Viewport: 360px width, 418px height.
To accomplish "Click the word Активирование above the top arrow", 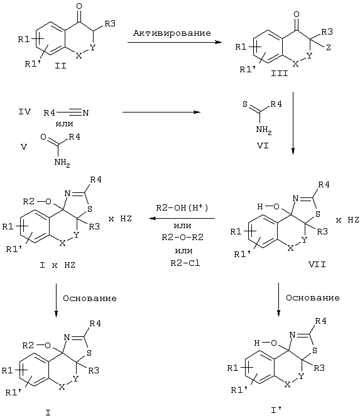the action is click(x=172, y=33).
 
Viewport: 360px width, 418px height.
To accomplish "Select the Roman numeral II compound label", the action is click(x=60, y=65).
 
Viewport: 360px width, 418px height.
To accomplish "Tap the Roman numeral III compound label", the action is click(x=280, y=74).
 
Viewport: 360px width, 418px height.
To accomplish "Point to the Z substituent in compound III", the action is click(x=329, y=47).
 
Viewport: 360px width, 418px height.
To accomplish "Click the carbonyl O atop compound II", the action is click(x=79, y=6).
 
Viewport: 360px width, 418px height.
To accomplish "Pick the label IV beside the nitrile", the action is click(x=25, y=111).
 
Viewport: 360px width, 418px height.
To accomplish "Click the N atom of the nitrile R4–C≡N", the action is click(x=85, y=113).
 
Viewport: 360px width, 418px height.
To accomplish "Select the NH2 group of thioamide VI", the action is click(x=264, y=130).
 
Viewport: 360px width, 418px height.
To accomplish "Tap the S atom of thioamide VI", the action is click(x=245, y=104).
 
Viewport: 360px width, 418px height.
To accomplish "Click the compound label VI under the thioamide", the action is click(x=263, y=146).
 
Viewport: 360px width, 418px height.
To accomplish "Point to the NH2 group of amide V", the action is click(x=62, y=162).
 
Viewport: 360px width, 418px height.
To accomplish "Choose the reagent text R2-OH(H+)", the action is click(x=182, y=207).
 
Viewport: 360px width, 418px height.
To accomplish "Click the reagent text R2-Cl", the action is click(x=185, y=263).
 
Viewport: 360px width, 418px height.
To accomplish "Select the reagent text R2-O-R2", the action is click(x=183, y=237).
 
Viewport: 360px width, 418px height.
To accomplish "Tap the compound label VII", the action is click(x=317, y=265).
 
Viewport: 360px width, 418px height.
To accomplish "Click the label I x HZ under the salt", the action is click(x=57, y=265).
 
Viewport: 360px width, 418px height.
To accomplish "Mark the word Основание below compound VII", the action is click(x=313, y=297).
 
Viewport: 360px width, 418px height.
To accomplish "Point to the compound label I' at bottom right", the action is click(x=276, y=410).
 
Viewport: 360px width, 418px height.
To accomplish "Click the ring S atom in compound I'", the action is click(x=315, y=350).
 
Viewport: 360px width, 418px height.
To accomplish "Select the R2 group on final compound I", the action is click(x=28, y=346).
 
